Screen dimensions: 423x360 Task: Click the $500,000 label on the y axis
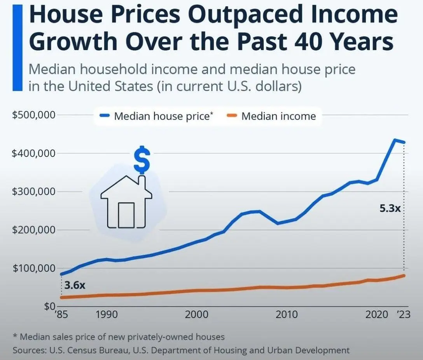click(x=34, y=115)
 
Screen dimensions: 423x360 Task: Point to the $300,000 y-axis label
click(x=34, y=192)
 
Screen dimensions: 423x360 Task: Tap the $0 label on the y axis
click(x=50, y=306)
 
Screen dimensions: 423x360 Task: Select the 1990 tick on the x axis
click(x=107, y=315)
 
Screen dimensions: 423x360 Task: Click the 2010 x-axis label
click(x=287, y=315)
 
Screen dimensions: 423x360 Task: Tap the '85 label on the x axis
click(x=61, y=315)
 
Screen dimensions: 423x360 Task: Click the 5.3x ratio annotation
click(x=390, y=208)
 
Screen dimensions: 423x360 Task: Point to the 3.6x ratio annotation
click(x=75, y=285)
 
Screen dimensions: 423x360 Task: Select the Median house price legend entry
click(x=156, y=116)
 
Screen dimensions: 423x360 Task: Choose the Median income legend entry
click(x=271, y=116)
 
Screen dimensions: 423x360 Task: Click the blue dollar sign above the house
click(x=142, y=160)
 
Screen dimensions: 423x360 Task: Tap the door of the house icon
click(x=126, y=215)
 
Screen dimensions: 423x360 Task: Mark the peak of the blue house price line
click(x=395, y=140)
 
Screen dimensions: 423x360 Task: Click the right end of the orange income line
click(x=404, y=276)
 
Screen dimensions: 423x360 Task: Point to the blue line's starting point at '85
click(x=61, y=274)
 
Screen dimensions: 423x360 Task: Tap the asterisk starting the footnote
click(x=15, y=336)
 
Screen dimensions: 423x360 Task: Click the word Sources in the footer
click(x=30, y=350)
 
